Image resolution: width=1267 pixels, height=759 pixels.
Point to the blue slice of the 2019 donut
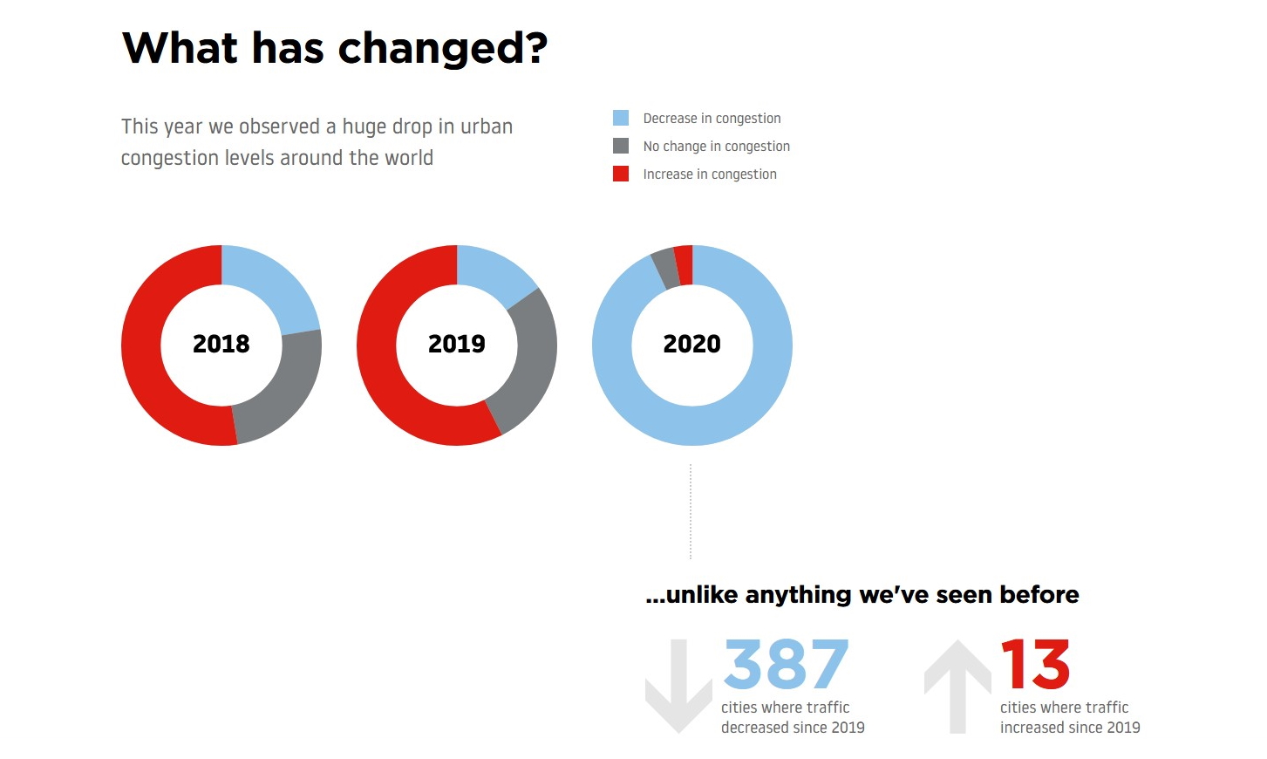pyautogui.click(x=493, y=273)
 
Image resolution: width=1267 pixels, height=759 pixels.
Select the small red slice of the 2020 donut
pyautogui.click(x=685, y=265)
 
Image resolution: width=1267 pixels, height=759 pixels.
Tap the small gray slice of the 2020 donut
pyautogui.click(x=665, y=269)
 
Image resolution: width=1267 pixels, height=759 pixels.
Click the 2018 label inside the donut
pyautogui.click(x=221, y=344)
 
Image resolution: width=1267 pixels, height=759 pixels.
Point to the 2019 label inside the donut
pyautogui.click(x=457, y=344)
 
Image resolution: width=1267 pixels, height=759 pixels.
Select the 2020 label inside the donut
pyautogui.click(x=692, y=344)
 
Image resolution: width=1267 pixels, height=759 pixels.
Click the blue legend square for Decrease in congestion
pyautogui.click(x=621, y=118)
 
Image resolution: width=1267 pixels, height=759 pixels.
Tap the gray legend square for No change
pyautogui.click(x=621, y=146)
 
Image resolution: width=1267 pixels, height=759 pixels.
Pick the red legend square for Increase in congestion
pyautogui.click(x=621, y=174)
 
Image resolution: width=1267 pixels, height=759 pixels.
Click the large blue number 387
pyautogui.click(x=786, y=664)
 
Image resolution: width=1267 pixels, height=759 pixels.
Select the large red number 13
pyautogui.click(x=1035, y=664)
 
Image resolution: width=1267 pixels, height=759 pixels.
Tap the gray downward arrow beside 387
pyautogui.click(x=678, y=685)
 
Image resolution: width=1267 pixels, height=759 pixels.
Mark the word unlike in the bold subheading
pyautogui.click(x=703, y=595)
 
